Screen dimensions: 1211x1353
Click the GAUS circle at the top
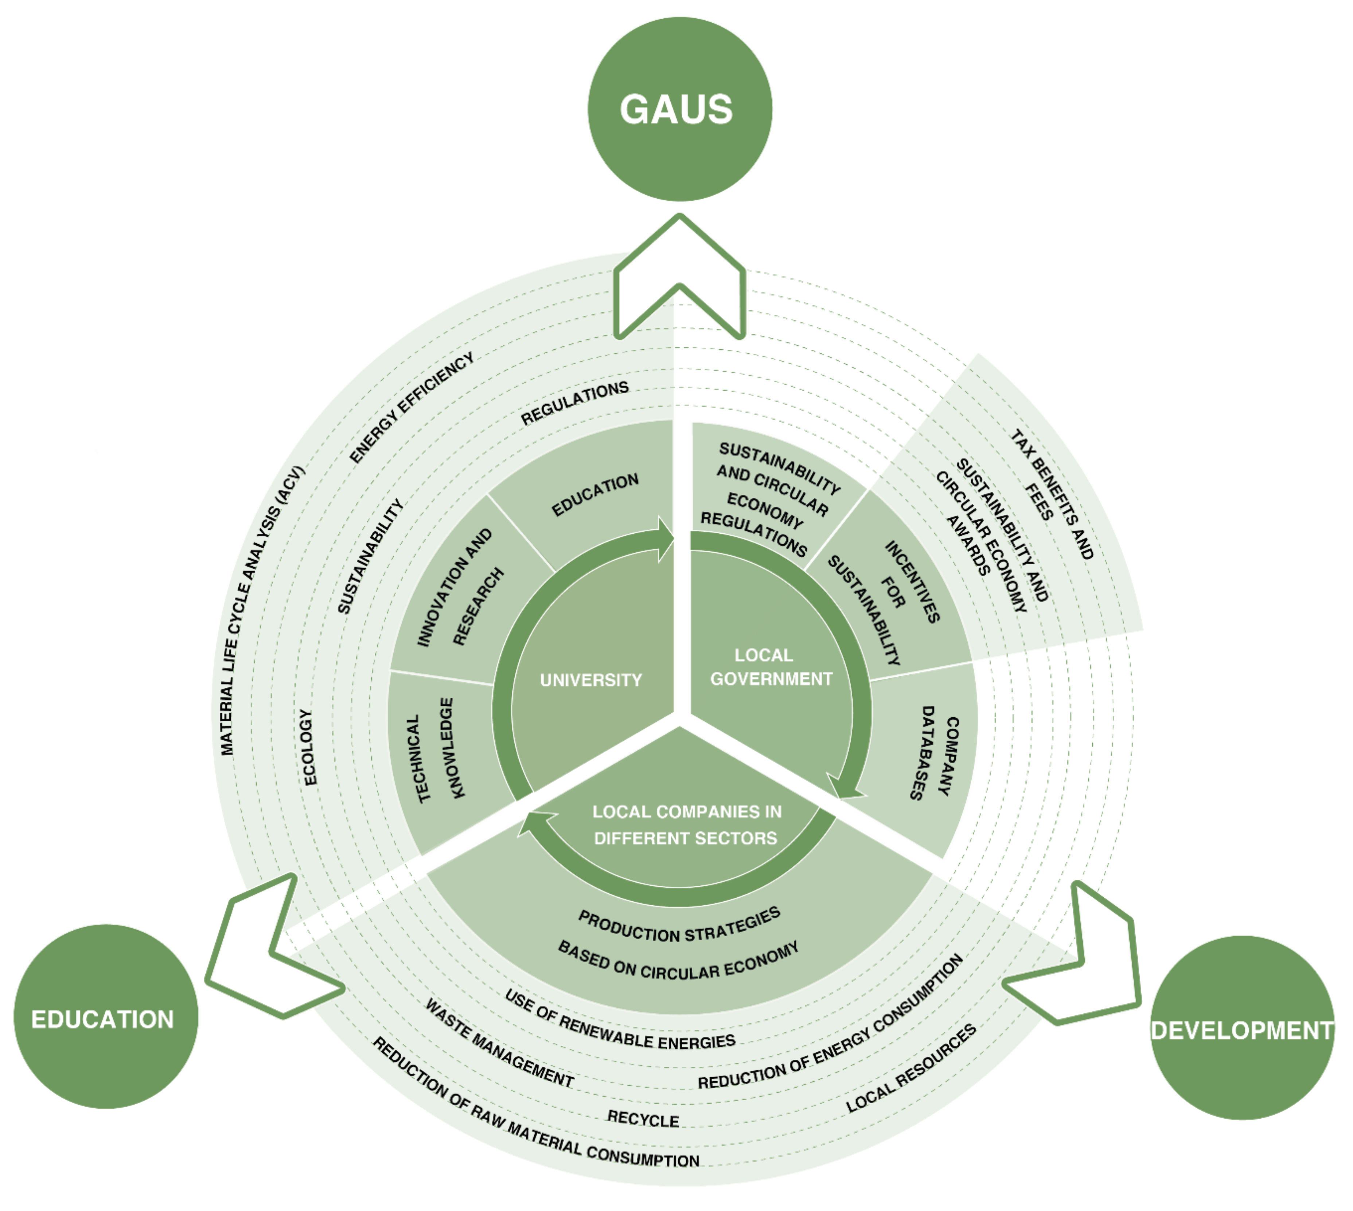[x=679, y=109]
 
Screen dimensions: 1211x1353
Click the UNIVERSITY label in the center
[x=590, y=680]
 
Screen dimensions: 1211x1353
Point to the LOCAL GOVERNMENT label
[x=770, y=667]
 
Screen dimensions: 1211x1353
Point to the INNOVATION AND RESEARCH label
[x=459, y=589]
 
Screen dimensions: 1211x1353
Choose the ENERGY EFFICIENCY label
[x=411, y=407]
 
